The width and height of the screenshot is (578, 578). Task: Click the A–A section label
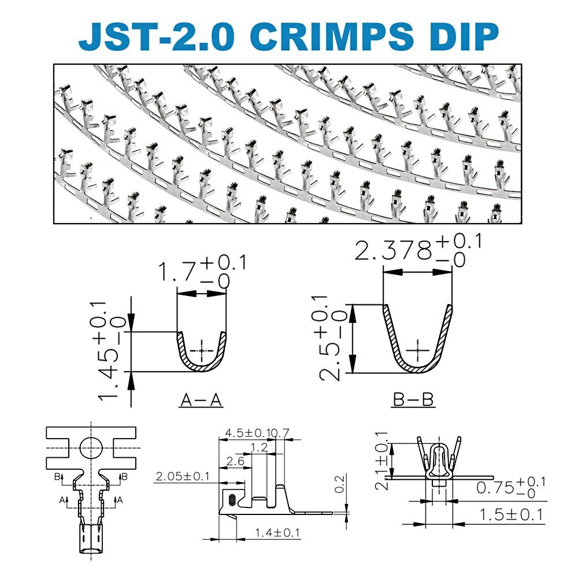202,399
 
